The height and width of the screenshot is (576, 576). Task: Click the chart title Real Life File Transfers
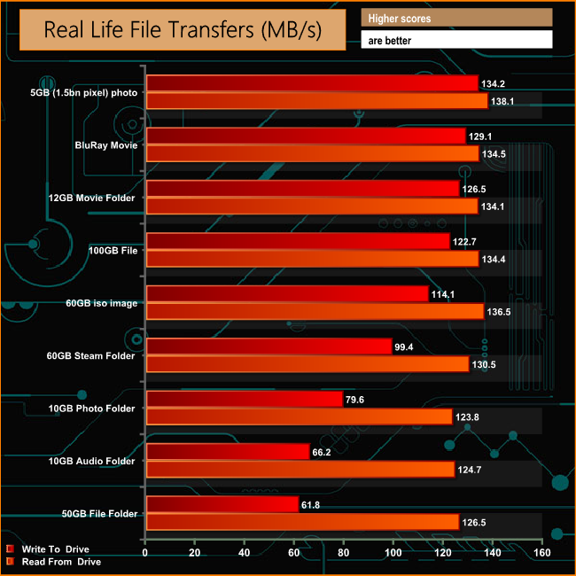[x=183, y=31]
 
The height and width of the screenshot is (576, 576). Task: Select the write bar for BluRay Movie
[x=306, y=136]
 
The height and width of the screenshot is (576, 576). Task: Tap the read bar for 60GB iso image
[x=315, y=311]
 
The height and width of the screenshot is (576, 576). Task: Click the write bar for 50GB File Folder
[x=222, y=504]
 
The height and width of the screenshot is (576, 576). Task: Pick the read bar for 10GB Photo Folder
[x=299, y=416]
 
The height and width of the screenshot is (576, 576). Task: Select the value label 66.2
[x=324, y=452]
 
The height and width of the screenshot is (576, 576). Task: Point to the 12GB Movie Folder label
[x=94, y=198]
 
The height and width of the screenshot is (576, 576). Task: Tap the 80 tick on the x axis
[x=343, y=554]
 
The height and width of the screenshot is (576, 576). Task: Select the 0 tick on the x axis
[x=145, y=554]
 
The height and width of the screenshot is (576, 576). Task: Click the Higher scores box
[x=456, y=18]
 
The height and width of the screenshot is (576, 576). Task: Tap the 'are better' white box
[x=456, y=40]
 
